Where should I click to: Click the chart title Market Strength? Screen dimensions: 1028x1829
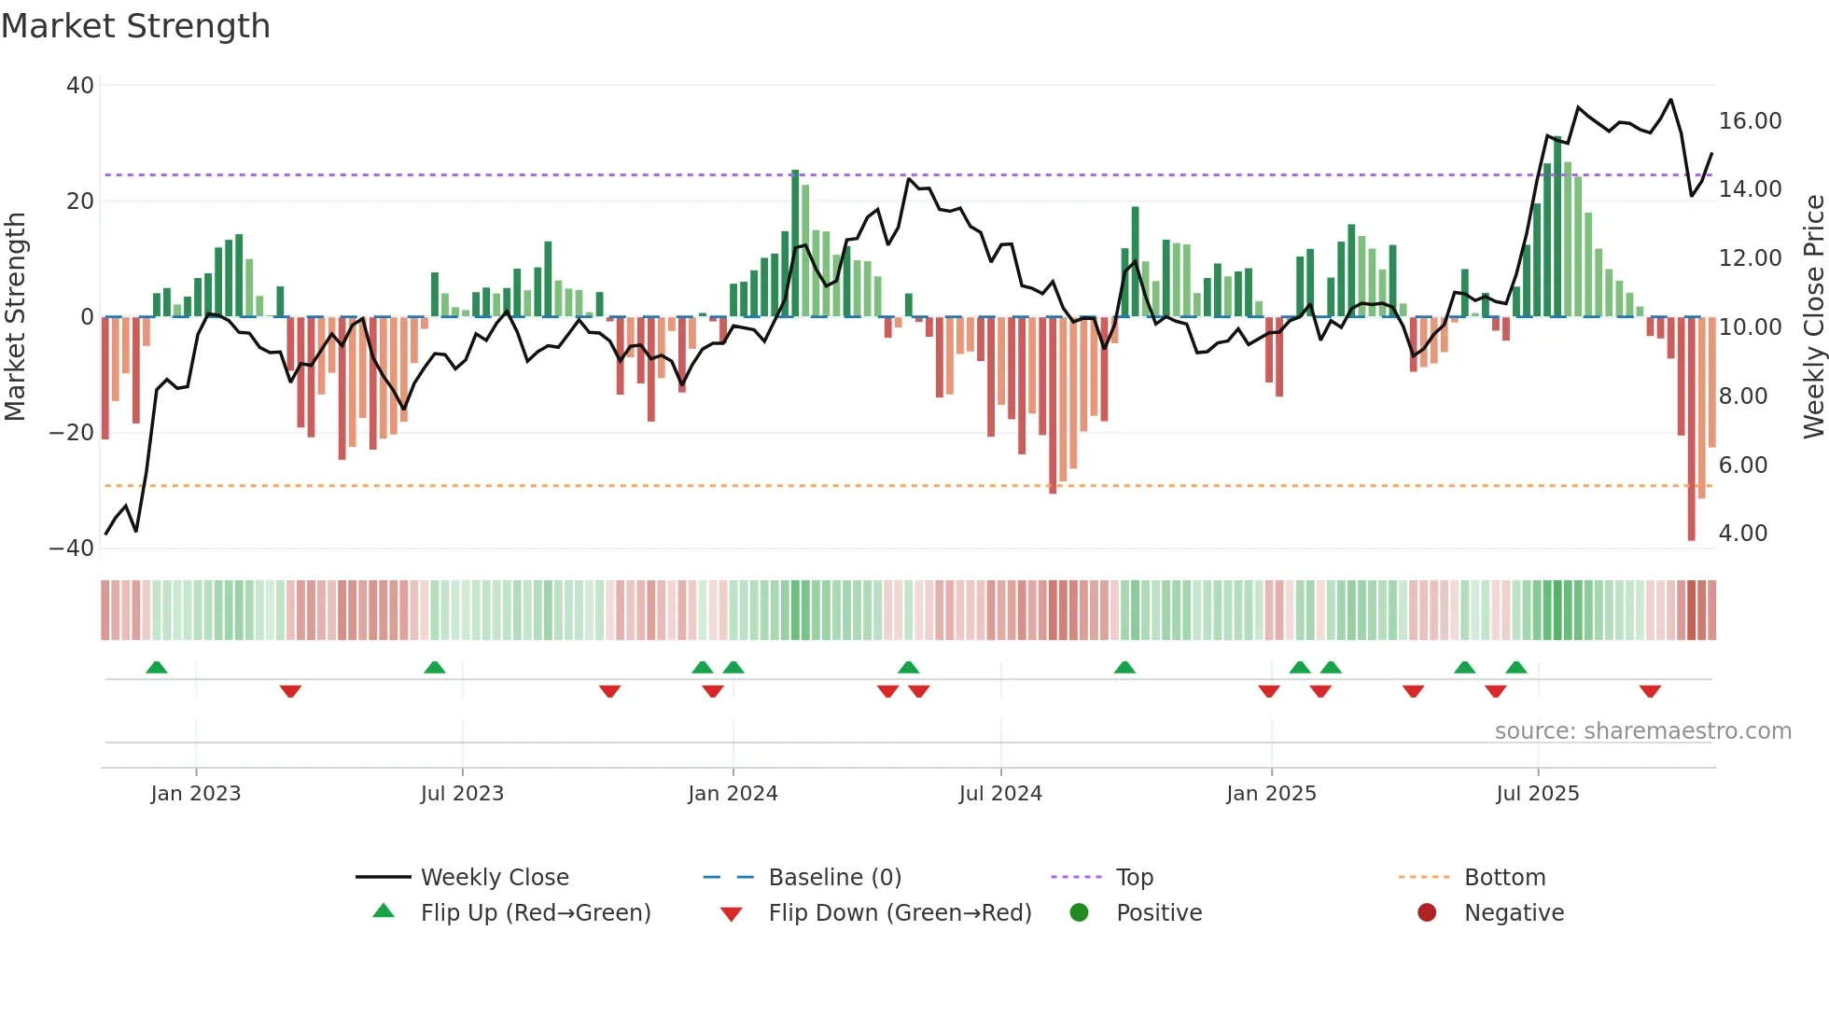tap(136, 26)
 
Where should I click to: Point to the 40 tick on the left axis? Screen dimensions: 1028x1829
tap(80, 86)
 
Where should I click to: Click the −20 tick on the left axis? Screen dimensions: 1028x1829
tap(72, 433)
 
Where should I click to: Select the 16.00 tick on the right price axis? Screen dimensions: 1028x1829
tap(1750, 121)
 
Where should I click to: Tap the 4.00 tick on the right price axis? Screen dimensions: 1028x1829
tap(1742, 534)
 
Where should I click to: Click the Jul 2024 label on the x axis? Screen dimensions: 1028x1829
tap(999, 794)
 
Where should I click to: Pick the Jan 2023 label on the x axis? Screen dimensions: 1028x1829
tap(196, 794)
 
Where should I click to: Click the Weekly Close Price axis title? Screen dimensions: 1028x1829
tap(1813, 317)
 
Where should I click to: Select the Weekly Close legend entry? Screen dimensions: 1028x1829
tap(494, 878)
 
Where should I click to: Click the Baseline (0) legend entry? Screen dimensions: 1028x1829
tap(834, 878)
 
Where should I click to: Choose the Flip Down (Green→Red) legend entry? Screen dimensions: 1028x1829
tap(899, 913)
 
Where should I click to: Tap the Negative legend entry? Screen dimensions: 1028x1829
tap(1513, 913)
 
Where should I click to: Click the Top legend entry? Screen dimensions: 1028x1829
tap(1134, 878)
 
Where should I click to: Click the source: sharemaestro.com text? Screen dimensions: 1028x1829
tap(1642, 731)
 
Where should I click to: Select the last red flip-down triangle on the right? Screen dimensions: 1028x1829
tap(1650, 691)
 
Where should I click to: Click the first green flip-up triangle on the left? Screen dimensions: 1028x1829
tap(157, 667)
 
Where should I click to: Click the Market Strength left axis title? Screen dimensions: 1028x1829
tap(16, 317)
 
